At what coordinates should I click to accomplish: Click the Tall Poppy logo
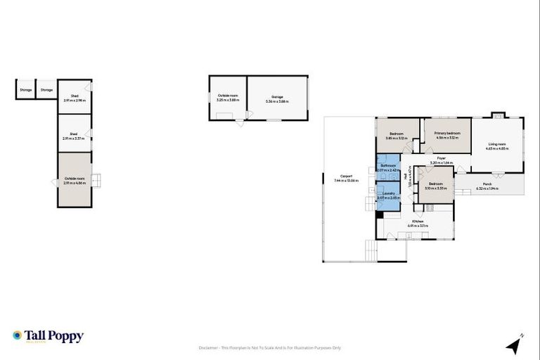pos(48,336)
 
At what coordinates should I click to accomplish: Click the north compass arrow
pos(515,345)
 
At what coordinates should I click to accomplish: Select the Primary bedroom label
pos(447,135)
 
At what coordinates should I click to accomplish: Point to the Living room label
pos(497,146)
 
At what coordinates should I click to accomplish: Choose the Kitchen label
pos(418,223)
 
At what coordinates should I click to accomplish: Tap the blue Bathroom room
pos(388,168)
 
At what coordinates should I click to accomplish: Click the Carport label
pos(346,179)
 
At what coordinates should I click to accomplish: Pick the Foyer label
pos(442,160)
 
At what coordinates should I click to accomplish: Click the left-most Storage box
pos(25,90)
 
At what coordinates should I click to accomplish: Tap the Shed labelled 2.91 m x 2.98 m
pos(74,98)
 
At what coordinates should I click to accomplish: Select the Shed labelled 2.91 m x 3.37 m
pos(74,135)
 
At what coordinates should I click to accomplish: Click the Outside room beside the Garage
pos(228,99)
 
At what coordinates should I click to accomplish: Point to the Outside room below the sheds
pos(74,180)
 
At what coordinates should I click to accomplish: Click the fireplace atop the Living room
pos(498,115)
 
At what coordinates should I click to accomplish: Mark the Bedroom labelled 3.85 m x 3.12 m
pos(397,135)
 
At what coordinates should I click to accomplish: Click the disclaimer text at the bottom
pos(271,347)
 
